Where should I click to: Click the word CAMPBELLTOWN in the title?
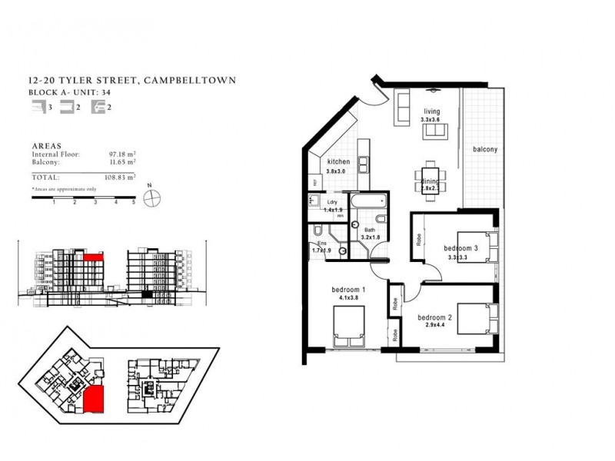coord(187,80)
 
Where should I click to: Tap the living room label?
coord(430,111)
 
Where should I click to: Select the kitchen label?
coord(338,162)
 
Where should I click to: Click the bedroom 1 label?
coord(348,289)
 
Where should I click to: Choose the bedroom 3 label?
coord(462,247)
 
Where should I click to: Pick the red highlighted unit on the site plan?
coord(96,399)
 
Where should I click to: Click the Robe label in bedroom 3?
coord(419,239)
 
